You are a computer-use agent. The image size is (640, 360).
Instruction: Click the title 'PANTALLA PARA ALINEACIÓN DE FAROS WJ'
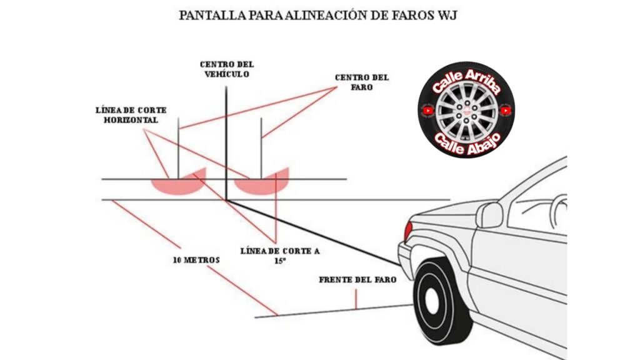318,16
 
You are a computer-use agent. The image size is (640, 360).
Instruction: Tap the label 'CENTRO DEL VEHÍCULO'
227,69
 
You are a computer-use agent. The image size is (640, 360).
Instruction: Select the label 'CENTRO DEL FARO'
361,82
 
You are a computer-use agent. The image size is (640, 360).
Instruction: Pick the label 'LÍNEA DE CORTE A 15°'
280,256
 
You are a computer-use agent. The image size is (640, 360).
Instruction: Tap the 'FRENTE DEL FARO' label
357,280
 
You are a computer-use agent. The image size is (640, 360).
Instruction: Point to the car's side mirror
489,215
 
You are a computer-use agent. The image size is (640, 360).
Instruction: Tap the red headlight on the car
408,231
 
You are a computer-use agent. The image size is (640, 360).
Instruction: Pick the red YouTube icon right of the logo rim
506,111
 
